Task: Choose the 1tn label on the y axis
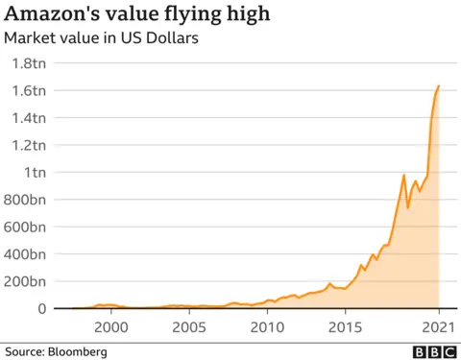44,173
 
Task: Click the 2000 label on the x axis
111,326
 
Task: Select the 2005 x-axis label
188,326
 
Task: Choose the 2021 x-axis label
437,326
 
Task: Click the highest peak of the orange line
438,86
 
